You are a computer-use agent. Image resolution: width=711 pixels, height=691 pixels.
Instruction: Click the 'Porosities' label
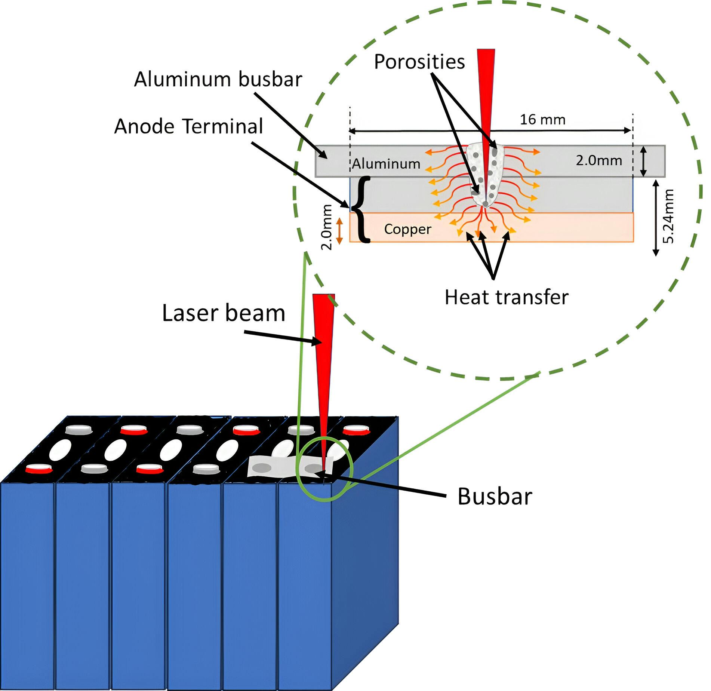pyautogui.click(x=419, y=62)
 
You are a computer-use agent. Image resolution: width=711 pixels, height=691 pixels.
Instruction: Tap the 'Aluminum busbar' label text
pyautogui.click(x=218, y=79)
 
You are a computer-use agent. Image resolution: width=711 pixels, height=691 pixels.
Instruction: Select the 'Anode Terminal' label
pyautogui.click(x=189, y=126)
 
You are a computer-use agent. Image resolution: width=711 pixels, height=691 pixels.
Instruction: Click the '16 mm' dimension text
pyautogui.click(x=542, y=120)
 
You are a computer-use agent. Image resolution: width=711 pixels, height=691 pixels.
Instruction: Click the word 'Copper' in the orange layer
pyautogui.click(x=407, y=229)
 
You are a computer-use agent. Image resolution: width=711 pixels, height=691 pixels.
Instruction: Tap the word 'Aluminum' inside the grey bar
pyautogui.click(x=386, y=164)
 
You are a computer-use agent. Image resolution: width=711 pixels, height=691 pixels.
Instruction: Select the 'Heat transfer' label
pyautogui.click(x=506, y=298)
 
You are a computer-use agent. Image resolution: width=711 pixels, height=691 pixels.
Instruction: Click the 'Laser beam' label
pyautogui.click(x=224, y=313)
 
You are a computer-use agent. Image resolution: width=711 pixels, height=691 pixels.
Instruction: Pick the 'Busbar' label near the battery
pyautogui.click(x=494, y=497)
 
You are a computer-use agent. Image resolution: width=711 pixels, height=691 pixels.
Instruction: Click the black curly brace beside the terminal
pyautogui.click(x=361, y=209)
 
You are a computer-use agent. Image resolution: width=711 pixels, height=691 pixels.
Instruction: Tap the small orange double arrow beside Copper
pyautogui.click(x=339, y=231)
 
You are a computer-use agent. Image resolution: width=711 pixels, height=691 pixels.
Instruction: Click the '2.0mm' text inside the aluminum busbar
pyautogui.click(x=598, y=160)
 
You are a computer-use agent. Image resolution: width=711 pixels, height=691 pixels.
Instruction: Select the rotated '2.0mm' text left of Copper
pyautogui.click(x=327, y=227)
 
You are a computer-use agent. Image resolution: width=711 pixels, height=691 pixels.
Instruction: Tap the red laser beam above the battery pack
pyautogui.click(x=324, y=355)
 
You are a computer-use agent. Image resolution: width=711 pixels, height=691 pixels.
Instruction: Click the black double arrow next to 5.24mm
pyautogui.click(x=655, y=218)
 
